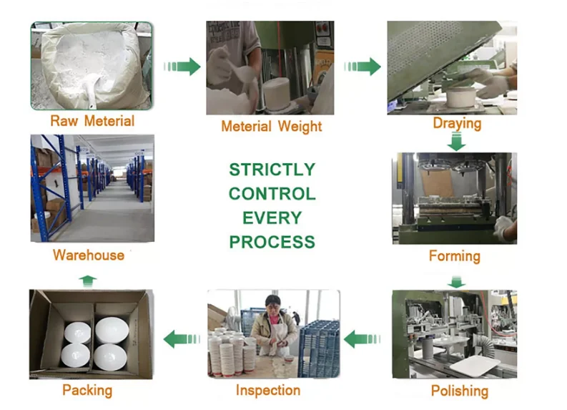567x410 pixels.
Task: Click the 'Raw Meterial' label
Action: [92, 120]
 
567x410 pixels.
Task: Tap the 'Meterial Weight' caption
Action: [271, 127]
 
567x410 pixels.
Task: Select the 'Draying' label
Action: [457, 123]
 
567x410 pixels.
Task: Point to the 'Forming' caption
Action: [454, 255]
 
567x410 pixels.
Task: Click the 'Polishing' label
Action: [459, 391]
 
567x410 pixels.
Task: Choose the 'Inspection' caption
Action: [268, 390]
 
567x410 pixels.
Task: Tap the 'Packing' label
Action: [87, 390]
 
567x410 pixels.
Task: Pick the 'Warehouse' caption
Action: [88, 255]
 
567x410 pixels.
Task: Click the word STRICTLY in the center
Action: [272, 170]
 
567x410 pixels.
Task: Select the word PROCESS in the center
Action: [272, 243]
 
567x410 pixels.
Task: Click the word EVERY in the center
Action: [272, 218]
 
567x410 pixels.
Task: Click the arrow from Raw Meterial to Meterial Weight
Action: [182, 67]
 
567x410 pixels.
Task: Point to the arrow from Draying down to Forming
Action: [456, 142]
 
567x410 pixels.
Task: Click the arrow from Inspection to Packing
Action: [182, 338]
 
